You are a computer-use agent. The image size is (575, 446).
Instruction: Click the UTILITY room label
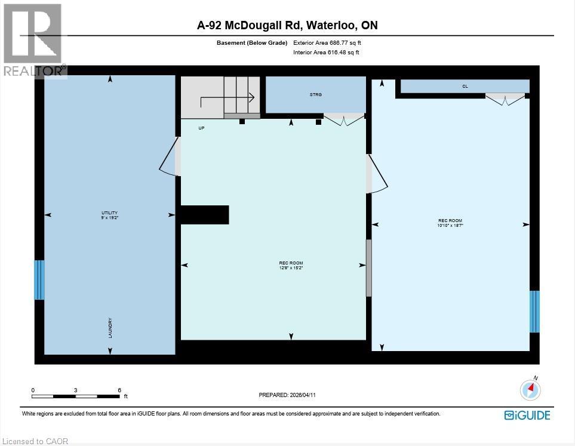[x=109, y=213]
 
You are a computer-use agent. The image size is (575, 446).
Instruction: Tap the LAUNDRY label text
[x=110, y=328]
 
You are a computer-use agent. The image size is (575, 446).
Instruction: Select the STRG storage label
[x=315, y=94]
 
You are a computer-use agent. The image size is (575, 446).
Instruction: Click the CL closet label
[x=465, y=87]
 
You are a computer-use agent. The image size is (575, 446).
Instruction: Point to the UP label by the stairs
[x=201, y=128]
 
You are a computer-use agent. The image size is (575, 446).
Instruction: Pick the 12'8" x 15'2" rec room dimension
[x=291, y=267]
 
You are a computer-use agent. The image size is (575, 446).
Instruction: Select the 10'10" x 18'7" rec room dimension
[x=450, y=225]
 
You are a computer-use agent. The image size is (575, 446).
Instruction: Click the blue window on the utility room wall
[x=39, y=279]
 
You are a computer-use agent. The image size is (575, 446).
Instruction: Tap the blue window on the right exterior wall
[x=534, y=311]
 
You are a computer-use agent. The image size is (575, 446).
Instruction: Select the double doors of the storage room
[x=344, y=119]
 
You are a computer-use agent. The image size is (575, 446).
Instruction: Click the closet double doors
[x=505, y=99]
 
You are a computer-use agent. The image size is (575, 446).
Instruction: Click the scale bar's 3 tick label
[x=76, y=389]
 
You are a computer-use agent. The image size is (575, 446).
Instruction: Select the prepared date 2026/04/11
[x=287, y=395]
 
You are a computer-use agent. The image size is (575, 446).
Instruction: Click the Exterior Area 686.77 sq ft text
[x=327, y=43]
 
